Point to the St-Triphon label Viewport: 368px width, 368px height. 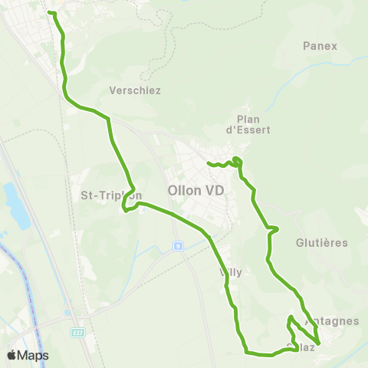(110, 195)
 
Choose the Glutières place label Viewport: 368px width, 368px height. (321, 242)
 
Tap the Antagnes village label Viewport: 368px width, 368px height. (332, 321)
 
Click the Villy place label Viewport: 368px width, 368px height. (231, 272)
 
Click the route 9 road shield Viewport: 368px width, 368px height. (178, 246)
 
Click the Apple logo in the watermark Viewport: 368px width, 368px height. (12, 355)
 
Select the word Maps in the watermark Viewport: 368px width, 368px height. (34, 355)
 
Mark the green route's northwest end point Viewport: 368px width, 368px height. (50, 12)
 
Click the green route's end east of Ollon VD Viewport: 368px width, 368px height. (209, 163)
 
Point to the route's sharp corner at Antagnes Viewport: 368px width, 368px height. (317, 343)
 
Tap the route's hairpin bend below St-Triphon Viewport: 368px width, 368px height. (124, 211)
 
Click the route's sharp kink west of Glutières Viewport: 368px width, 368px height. (277, 228)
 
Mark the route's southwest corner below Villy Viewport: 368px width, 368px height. (246, 352)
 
